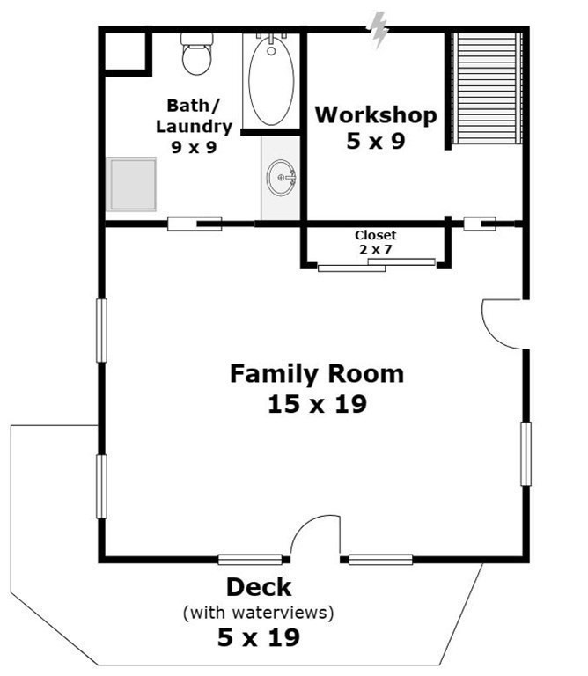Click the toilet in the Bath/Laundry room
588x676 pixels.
[x=197, y=54]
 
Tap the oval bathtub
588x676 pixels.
[x=271, y=81]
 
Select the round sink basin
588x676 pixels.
[x=282, y=178]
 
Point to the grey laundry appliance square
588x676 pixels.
[x=131, y=184]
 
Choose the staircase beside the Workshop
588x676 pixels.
[x=487, y=89]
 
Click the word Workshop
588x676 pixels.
[x=376, y=115]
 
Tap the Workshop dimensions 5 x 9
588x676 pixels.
[x=376, y=141]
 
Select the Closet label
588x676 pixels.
[x=376, y=235]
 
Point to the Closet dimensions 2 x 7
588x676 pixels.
[x=376, y=249]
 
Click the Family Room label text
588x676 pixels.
[x=317, y=374]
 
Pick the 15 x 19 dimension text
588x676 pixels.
[x=317, y=404]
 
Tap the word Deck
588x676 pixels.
[x=259, y=587]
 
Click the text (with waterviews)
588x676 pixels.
[x=258, y=613]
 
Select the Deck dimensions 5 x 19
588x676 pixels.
[x=258, y=637]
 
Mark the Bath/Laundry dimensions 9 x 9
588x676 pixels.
[x=194, y=148]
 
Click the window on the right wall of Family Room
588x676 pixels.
[x=526, y=454]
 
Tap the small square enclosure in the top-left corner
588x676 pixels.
[x=126, y=51]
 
